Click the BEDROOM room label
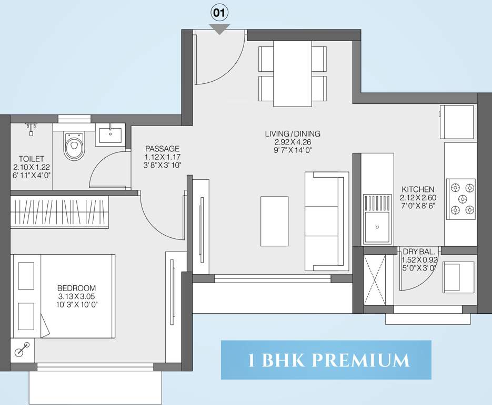pos(76,288)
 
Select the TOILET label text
pos(32,158)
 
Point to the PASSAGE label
pos(162,149)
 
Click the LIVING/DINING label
pos(293,134)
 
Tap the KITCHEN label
pos(418,189)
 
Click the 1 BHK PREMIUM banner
pos(326,360)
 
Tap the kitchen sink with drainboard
pos(377,218)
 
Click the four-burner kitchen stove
pos(461,199)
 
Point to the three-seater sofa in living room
pos(326,221)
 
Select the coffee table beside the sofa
pos(274,221)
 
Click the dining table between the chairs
pos(292,73)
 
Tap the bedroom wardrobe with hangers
pos(59,213)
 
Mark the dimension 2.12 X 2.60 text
pos(418,197)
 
